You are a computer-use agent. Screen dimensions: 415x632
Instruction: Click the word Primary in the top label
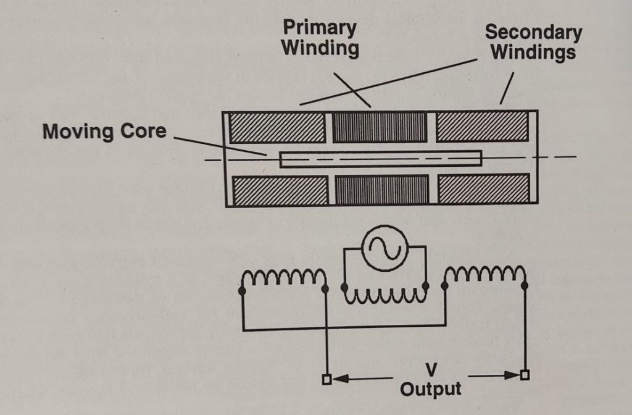click(x=320, y=28)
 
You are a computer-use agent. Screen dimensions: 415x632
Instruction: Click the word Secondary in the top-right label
click(x=533, y=32)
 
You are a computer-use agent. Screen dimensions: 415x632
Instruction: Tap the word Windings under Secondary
click(x=533, y=52)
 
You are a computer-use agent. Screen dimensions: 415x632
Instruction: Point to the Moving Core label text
click(x=104, y=131)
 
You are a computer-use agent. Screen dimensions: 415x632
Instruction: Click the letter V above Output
click(x=430, y=370)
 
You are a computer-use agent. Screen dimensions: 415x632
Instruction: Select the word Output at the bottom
click(x=430, y=389)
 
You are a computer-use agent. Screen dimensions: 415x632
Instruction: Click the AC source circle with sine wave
click(x=385, y=248)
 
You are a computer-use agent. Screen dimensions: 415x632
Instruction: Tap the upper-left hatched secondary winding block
click(x=277, y=128)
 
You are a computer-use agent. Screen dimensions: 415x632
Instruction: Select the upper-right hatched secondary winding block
click(x=482, y=127)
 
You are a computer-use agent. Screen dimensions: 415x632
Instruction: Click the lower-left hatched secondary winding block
click(x=280, y=190)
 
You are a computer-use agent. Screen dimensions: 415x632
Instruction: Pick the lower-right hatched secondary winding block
click(x=484, y=190)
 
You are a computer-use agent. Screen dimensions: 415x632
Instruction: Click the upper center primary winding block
click(x=380, y=128)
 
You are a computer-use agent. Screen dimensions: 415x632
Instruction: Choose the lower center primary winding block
click(x=381, y=190)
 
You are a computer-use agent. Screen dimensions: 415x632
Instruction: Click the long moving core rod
click(x=380, y=159)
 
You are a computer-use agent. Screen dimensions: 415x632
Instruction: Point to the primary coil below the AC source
click(x=385, y=295)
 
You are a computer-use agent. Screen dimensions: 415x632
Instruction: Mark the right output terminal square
click(x=525, y=375)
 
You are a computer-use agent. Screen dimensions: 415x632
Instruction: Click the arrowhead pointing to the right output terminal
click(x=513, y=375)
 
